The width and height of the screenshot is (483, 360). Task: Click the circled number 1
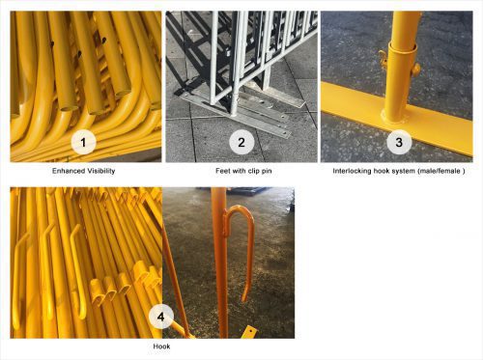(x=86, y=143)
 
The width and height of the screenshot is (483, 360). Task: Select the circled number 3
(x=397, y=143)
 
